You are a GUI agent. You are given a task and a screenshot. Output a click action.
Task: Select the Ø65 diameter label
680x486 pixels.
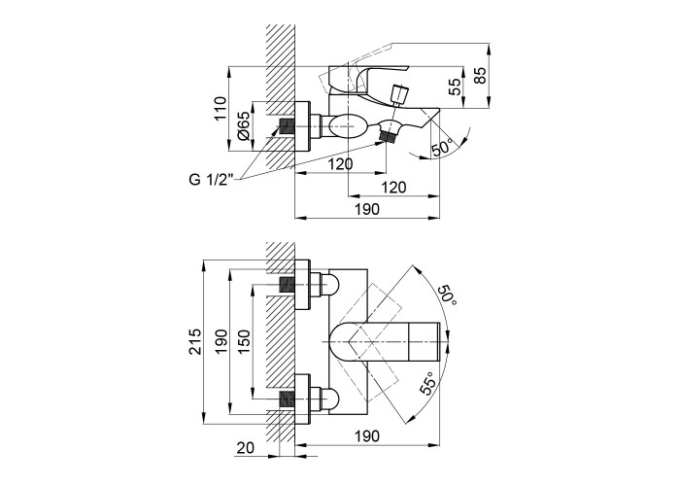click(245, 126)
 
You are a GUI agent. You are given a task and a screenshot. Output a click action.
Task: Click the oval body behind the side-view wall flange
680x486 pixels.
click(347, 127)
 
